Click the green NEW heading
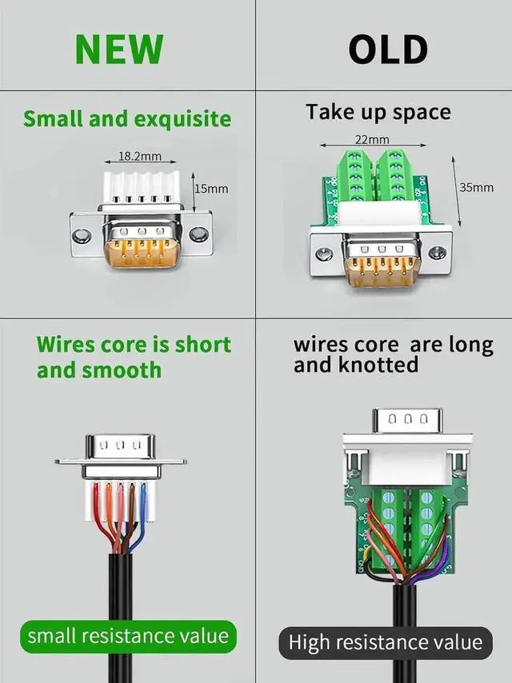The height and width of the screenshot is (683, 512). coord(119,50)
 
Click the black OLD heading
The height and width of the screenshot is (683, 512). coord(388,50)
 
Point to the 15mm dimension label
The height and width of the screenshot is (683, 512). coord(212,190)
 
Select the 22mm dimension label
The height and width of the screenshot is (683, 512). coord(372,140)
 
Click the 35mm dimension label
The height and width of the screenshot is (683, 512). coord(476,188)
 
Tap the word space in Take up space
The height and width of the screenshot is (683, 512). coord(422,113)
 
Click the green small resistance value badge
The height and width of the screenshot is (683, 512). coord(128,637)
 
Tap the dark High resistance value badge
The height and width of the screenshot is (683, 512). coord(385,641)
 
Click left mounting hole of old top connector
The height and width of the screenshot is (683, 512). coord(323,255)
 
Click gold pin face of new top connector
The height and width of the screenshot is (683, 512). coord(140,247)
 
